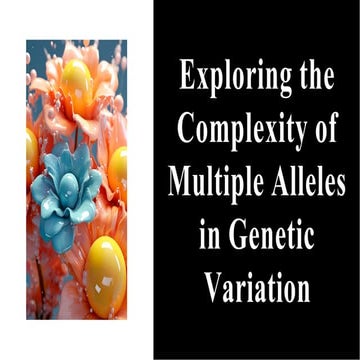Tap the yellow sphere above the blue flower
pyautogui.click(x=86, y=79)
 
